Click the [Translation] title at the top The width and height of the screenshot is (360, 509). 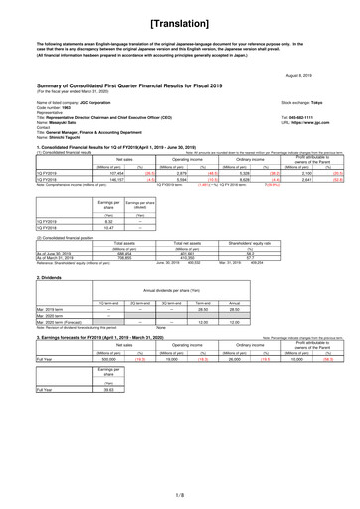[180, 19]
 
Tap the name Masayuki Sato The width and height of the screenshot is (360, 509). [39, 122]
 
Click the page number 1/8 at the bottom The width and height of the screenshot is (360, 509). [180, 490]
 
